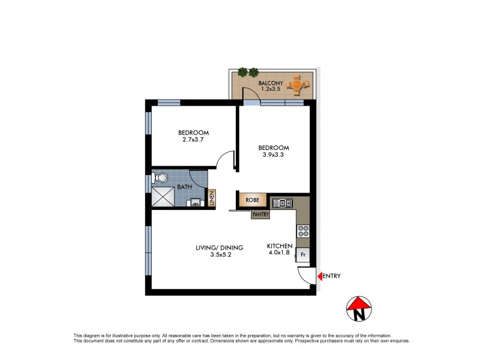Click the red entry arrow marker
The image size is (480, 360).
tap(320, 276)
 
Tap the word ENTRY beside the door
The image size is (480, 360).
tap(332, 276)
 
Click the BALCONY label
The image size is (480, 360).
tap(271, 83)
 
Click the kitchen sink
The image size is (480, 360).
tap(281, 203)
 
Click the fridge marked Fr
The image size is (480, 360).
tap(303, 255)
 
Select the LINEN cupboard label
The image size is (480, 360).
tap(212, 199)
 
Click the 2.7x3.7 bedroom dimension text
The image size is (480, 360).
tap(193, 140)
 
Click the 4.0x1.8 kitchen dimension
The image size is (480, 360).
tap(280, 254)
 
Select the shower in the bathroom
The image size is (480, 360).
tap(161, 196)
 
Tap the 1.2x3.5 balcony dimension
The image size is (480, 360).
tap(271, 90)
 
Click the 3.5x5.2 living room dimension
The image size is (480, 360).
tap(220, 255)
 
